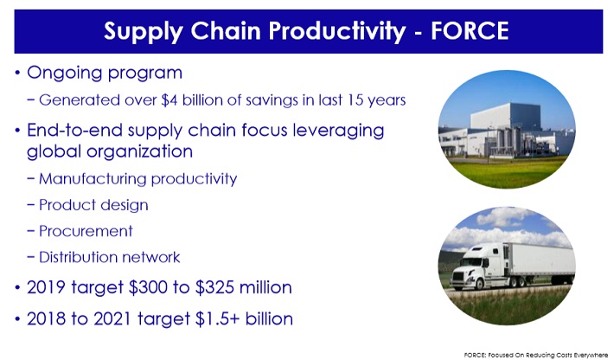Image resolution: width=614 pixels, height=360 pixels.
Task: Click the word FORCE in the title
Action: [470, 31]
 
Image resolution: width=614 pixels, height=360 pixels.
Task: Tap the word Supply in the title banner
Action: [144, 32]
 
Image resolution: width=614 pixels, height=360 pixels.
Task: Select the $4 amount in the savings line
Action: [169, 100]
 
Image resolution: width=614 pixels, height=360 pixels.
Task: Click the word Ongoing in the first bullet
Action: [64, 74]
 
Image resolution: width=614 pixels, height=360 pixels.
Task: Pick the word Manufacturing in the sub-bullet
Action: [93, 179]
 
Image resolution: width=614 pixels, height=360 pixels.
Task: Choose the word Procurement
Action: [86, 231]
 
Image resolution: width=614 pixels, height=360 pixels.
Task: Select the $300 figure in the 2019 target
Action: [148, 287]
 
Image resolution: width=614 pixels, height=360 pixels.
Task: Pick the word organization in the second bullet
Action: [139, 152]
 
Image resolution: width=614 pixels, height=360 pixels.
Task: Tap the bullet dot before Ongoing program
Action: [17, 73]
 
